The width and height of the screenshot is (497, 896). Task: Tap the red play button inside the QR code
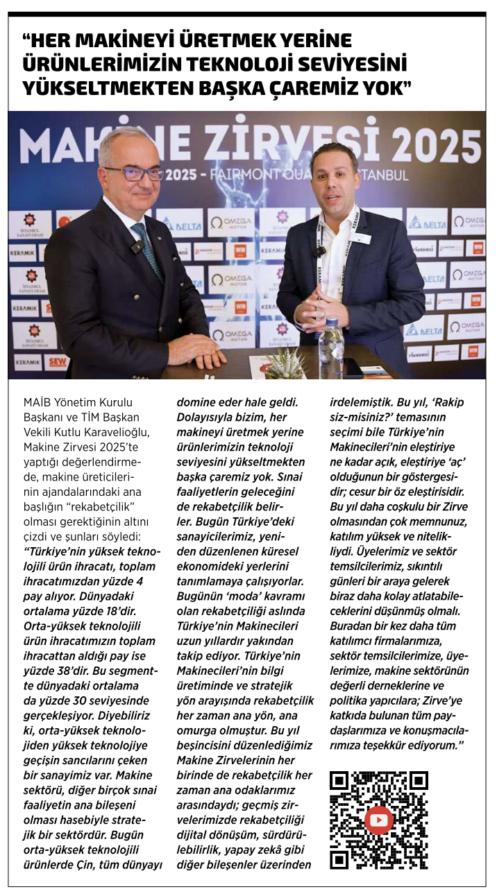point(378,820)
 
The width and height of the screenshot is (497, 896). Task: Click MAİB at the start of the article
point(57,402)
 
